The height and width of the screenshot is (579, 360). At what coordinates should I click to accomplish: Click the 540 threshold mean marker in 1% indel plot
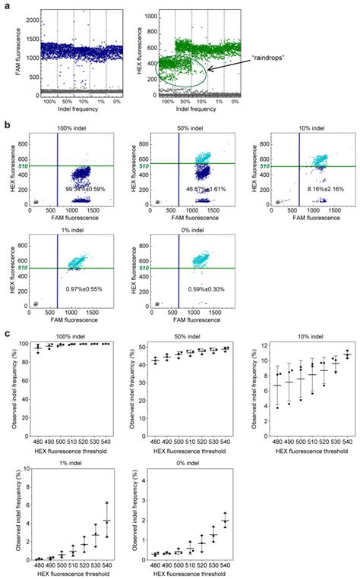(108, 521)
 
